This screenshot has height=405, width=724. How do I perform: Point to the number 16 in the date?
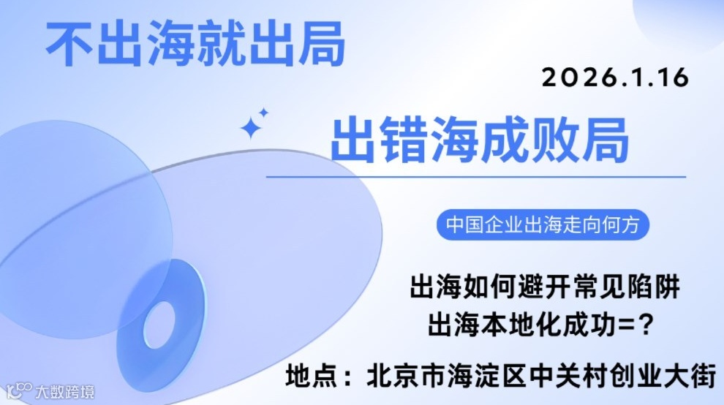pyautogui.click(x=674, y=77)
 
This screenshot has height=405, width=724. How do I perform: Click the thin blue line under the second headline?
pyautogui.click(x=475, y=177)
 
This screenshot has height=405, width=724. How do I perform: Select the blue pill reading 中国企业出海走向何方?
pyautogui.click(x=543, y=224)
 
